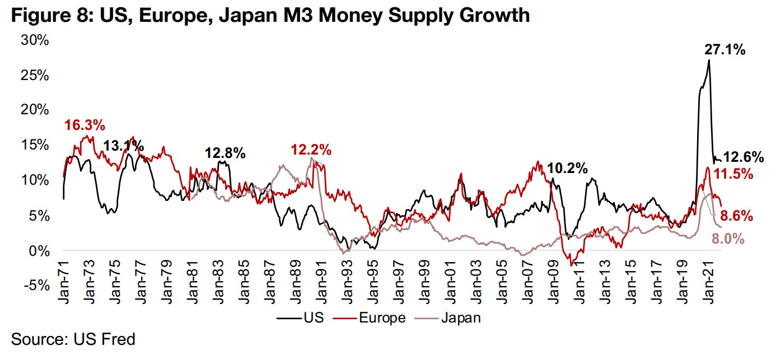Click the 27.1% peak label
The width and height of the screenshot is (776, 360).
724,50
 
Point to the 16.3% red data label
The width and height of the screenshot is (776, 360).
85,125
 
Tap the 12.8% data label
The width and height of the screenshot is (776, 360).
225,153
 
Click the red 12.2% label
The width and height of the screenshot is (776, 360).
311,149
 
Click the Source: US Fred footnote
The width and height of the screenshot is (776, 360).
73,339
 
